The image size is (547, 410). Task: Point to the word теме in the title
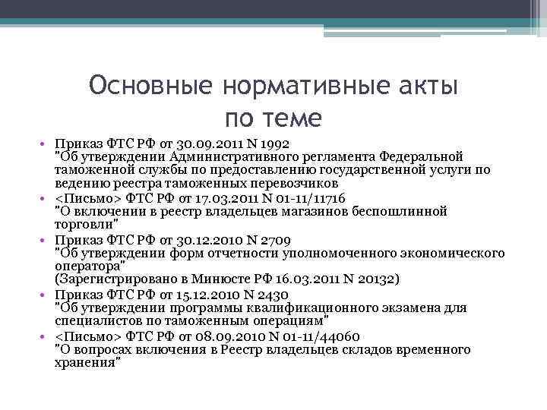pyautogui.click(x=294, y=118)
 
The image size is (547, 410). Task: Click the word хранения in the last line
pyautogui.click(x=86, y=363)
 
